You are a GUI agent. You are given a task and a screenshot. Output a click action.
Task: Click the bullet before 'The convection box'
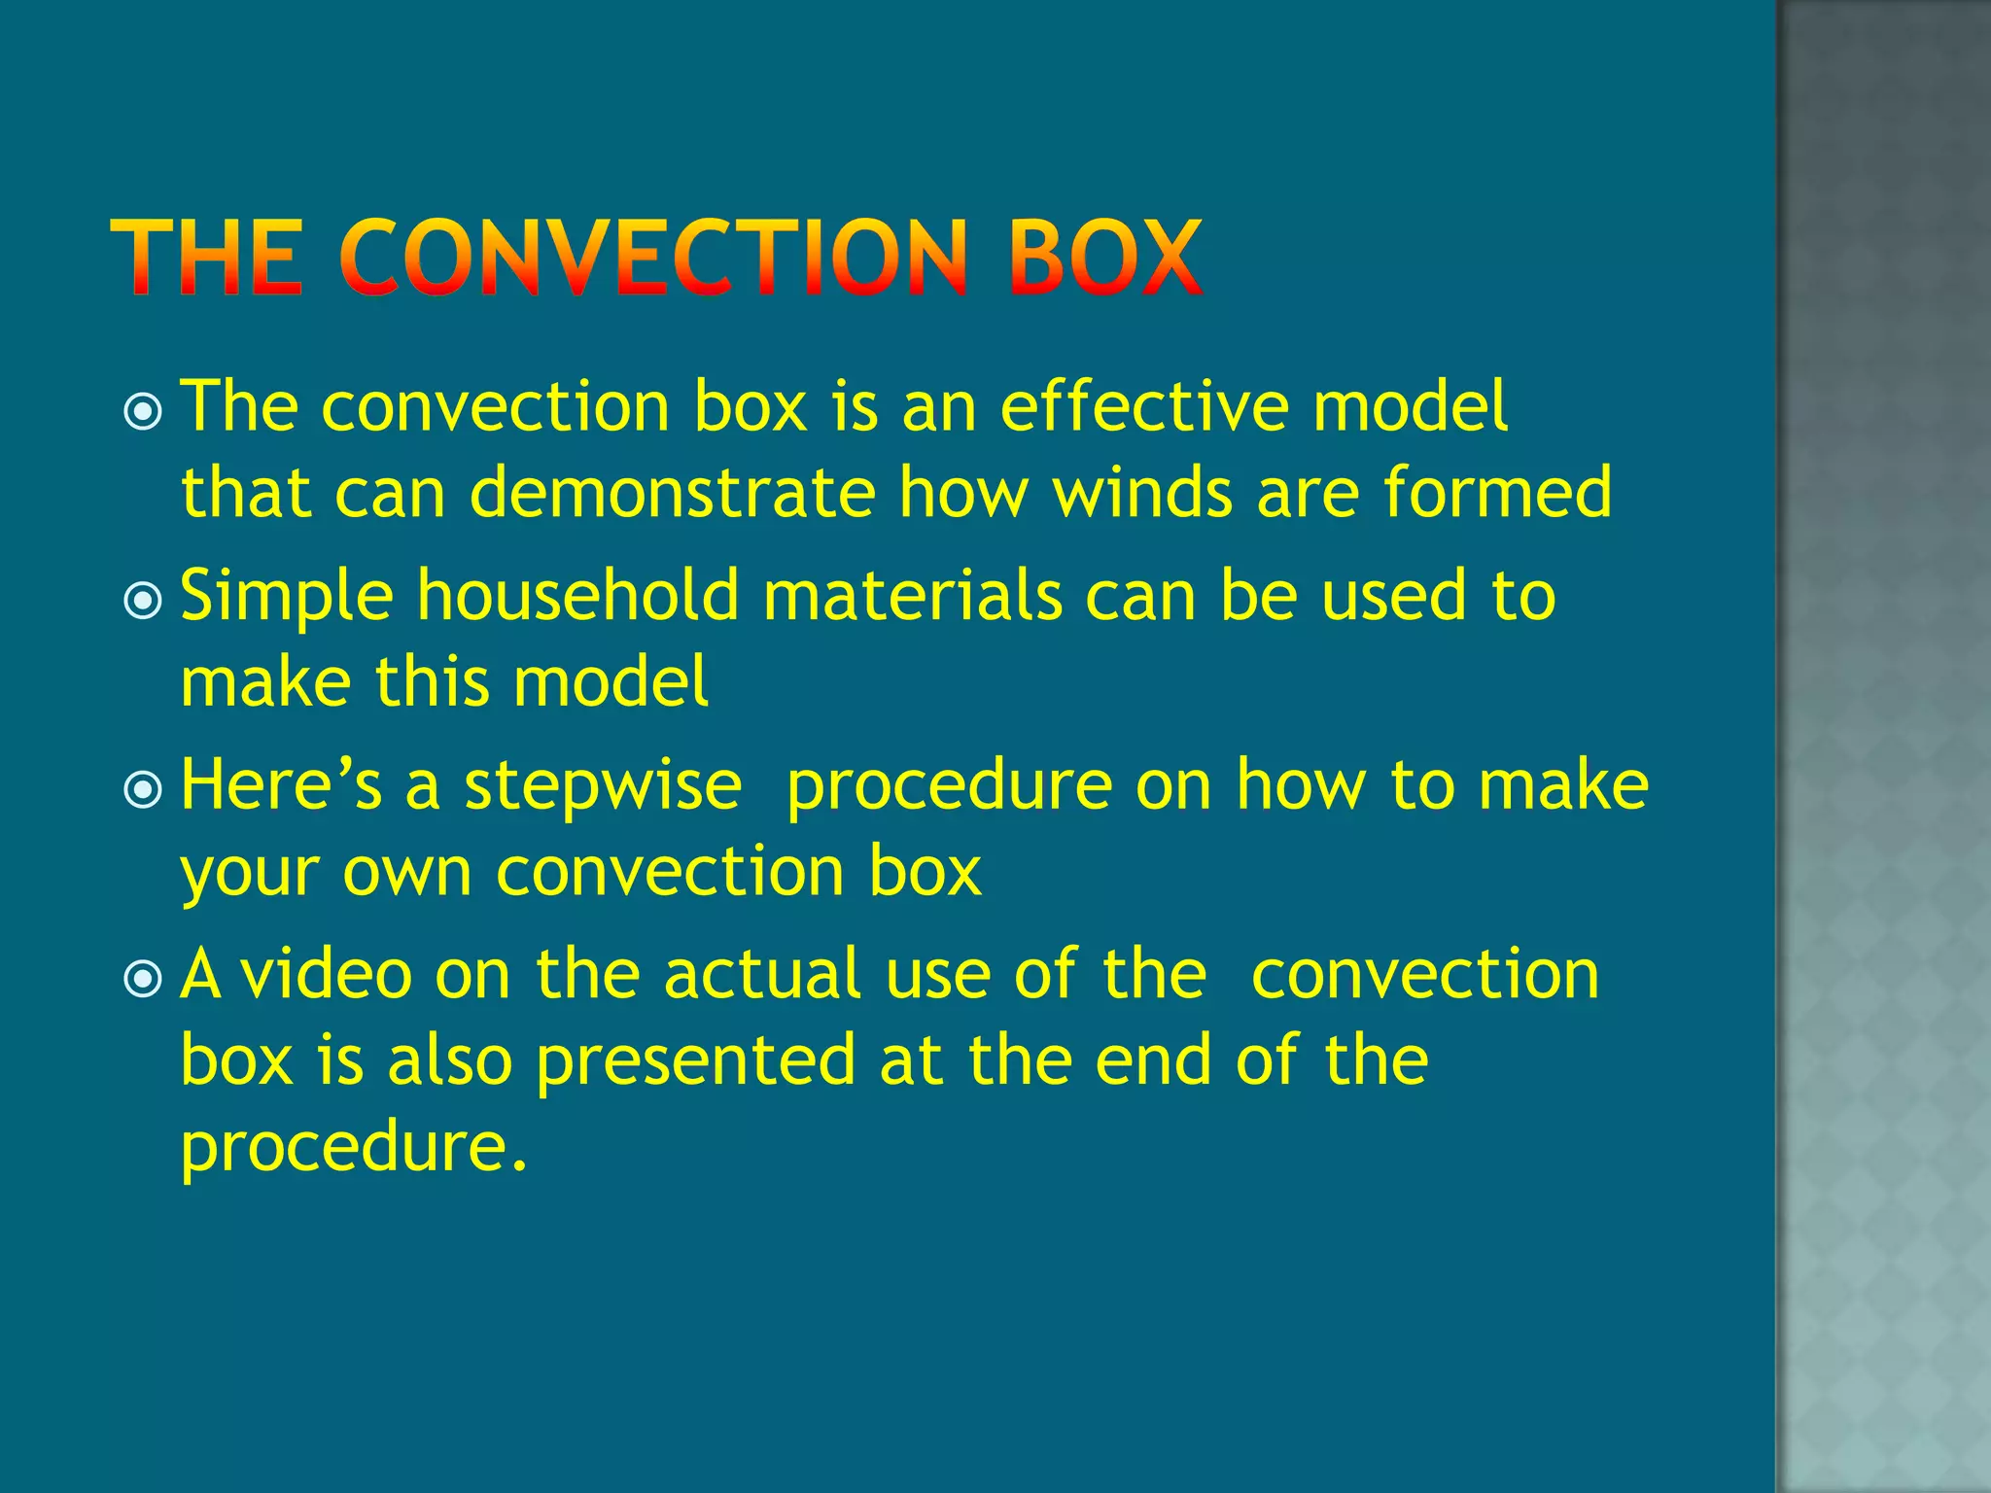point(144,412)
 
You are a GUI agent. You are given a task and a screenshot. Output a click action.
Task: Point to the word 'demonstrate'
point(673,492)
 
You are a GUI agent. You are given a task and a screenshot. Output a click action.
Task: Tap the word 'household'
point(578,595)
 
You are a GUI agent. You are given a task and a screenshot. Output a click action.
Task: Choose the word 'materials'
point(912,595)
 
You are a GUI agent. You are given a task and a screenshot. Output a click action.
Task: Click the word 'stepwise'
point(603,785)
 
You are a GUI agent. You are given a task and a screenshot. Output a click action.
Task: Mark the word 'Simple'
point(287,595)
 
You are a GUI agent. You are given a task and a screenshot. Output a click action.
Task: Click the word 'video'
point(327,974)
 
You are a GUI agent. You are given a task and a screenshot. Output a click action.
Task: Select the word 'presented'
point(696,1060)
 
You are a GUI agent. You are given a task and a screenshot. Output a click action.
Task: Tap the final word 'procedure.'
point(354,1148)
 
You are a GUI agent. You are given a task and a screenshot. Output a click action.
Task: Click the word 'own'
point(406,872)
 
